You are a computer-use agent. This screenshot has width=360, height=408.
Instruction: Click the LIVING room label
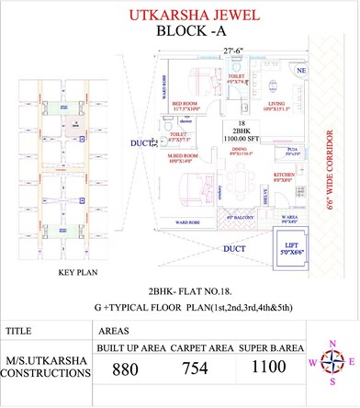point(275,104)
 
